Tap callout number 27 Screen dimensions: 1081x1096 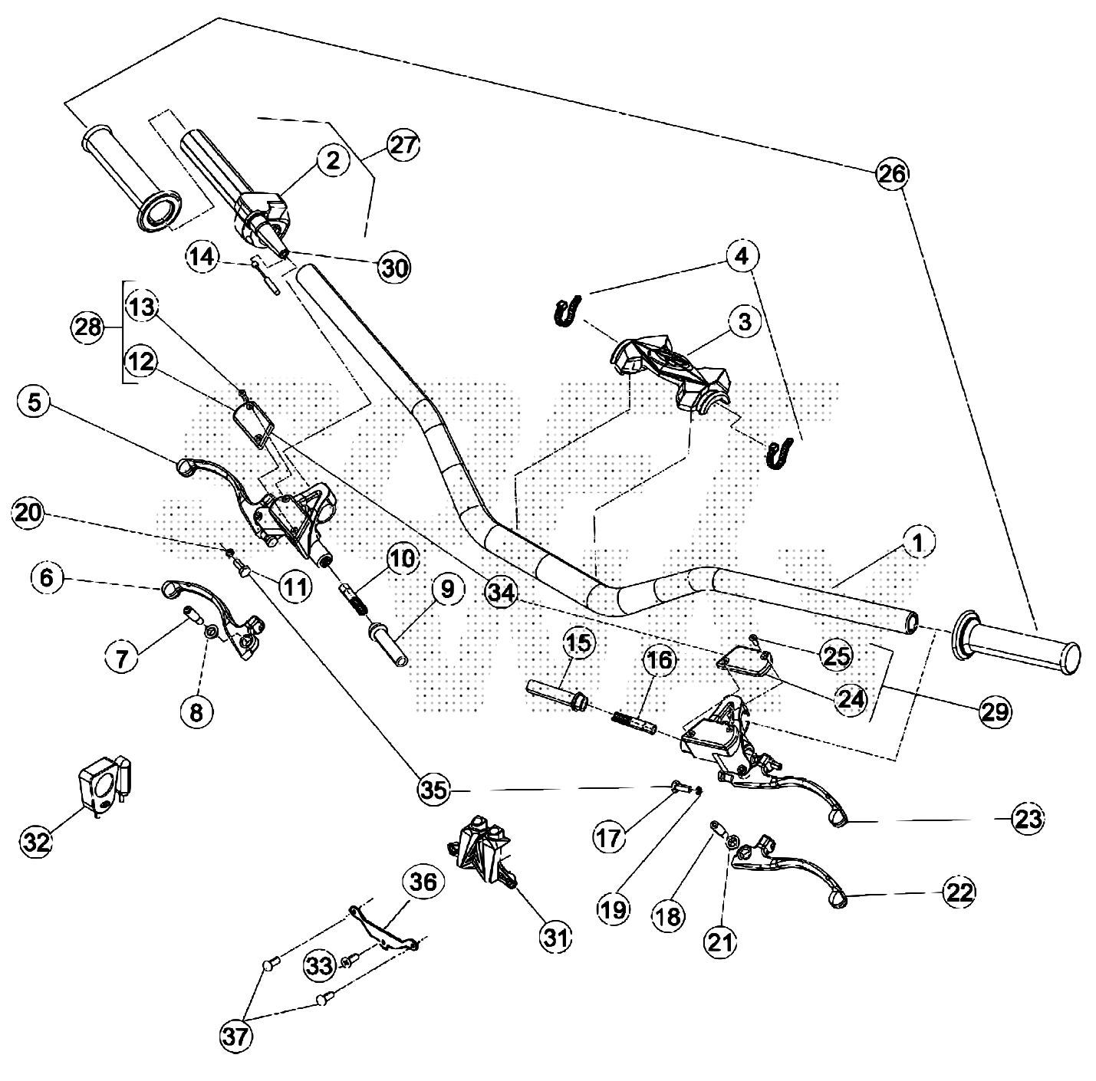tap(403, 144)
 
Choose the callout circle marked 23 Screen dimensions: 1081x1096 tap(1026, 819)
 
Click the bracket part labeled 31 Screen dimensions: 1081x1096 tap(482, 851)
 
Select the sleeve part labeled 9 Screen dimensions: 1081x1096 tap(390, 646)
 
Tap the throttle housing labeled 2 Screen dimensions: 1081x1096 tap(261, 209)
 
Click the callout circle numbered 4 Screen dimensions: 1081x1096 tap(740, 255)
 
